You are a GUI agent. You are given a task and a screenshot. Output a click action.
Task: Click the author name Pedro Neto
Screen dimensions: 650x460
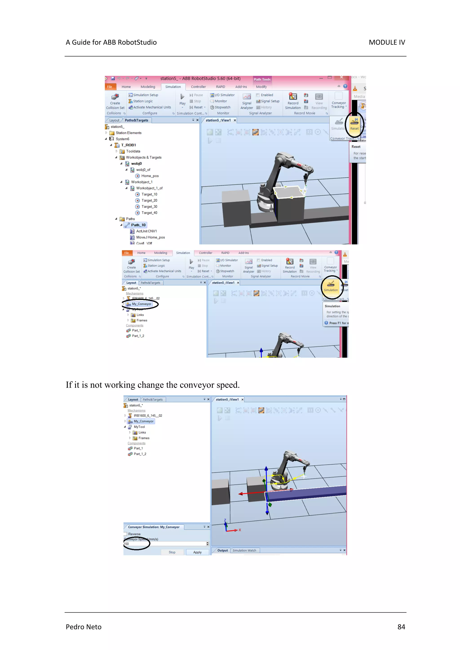click(x=84, y=627)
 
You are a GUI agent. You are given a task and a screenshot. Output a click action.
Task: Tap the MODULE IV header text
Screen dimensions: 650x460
click(x=387, y=42)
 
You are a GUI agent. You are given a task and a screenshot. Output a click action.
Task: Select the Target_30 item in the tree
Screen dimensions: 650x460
click(x=149, y=207)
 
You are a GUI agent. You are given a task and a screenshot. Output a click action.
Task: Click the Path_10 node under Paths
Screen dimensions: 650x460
click(x=138, y=225)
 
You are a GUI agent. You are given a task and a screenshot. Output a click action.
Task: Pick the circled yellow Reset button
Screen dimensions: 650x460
click(x=354, y=125)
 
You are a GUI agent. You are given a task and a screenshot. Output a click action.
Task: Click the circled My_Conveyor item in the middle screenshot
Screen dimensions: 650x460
click(x=142, y=304)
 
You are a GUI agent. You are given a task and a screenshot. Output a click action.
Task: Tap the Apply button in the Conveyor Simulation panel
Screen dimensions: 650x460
click(x=197, y=552)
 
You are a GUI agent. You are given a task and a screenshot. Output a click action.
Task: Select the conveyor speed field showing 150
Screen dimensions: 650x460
click(x=164, y=544)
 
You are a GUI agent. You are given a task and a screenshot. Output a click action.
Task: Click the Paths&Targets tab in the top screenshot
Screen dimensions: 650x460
click(x=136, y=120)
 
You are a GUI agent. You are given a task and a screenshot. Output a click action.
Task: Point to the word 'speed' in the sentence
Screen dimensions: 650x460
click(x=228, y=385)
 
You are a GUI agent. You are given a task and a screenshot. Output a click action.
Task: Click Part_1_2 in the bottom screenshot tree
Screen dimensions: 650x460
click(x=140, y=454)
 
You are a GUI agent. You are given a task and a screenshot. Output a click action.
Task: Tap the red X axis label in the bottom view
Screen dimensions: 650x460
click(x=240, y=530)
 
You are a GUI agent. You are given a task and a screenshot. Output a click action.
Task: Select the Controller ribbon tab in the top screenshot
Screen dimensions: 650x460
click(x=198, y=87)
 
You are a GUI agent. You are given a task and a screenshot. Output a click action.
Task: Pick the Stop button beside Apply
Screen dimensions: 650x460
click(x=172, y=552)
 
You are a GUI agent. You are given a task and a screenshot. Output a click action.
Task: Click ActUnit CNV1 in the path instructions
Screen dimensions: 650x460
click(x=146, y=231)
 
